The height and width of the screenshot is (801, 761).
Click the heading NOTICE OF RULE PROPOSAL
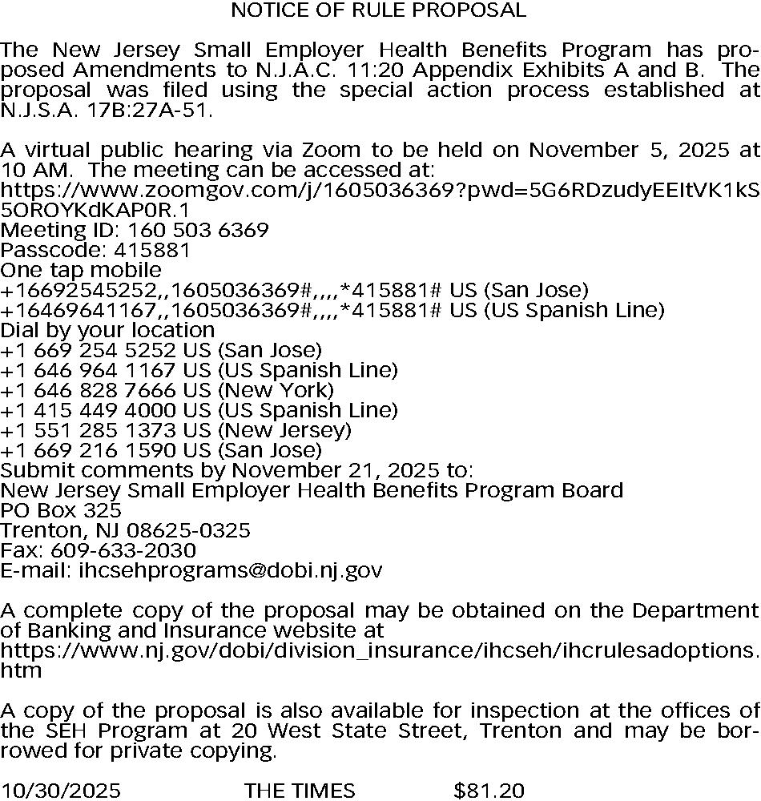(378, 10)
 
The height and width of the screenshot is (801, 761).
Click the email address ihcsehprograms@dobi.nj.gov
(230, 571)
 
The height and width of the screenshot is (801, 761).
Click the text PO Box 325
(61, 511)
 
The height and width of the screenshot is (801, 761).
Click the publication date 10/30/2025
(61, 791)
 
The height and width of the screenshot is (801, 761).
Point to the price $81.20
(489, 791)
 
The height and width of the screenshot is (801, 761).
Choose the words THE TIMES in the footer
(300, 791)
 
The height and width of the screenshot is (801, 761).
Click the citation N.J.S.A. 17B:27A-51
(107, 111)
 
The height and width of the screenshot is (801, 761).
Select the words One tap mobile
(81, 271)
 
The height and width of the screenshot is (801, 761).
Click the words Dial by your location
(107, 331)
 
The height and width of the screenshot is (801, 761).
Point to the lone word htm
(21, 671)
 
